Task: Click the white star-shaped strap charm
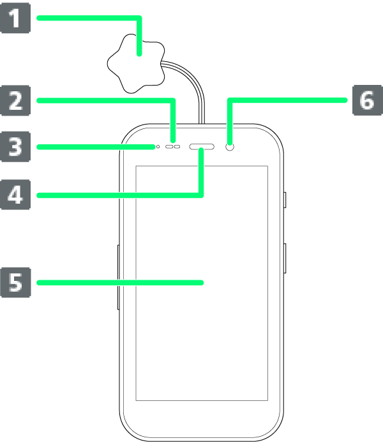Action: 135,64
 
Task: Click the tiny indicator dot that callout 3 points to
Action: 158,147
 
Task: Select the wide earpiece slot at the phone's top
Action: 202,147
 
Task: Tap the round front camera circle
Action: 231,147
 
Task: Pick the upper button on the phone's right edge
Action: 284,200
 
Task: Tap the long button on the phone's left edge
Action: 119,276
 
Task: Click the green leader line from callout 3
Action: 96,147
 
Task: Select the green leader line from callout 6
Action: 287,101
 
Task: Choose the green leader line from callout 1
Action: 89,19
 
